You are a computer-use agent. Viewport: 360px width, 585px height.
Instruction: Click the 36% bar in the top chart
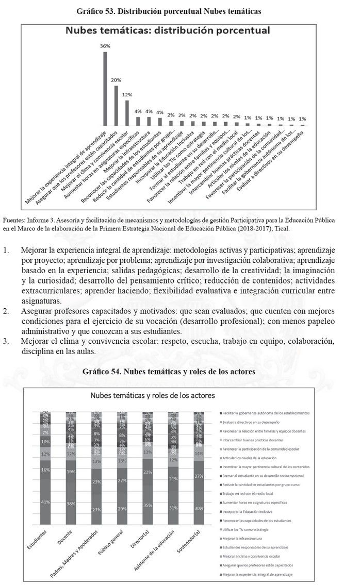[105, 88]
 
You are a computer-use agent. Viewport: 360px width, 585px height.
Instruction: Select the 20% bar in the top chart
[116, 105]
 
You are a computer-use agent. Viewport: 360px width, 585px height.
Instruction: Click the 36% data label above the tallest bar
[105, 46]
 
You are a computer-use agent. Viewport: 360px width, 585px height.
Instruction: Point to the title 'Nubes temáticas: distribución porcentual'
[168, 30]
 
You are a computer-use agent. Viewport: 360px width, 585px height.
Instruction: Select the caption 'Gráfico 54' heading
[180, 371]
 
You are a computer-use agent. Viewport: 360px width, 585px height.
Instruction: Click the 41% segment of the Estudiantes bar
[46, 502]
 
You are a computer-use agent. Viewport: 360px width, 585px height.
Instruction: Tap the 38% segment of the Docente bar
[71, 503]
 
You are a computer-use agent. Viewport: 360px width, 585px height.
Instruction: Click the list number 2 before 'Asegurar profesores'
[6, 311]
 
